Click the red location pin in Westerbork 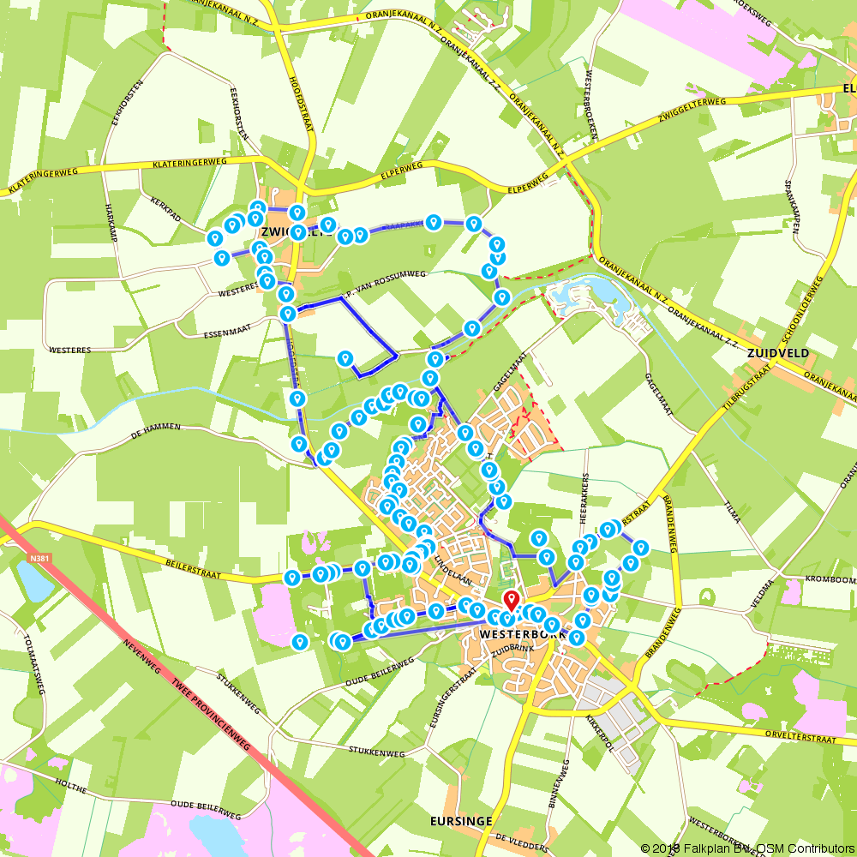[x=511, y=600]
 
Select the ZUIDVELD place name [x=778, y=352]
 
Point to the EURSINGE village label [x=461, y=821]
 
